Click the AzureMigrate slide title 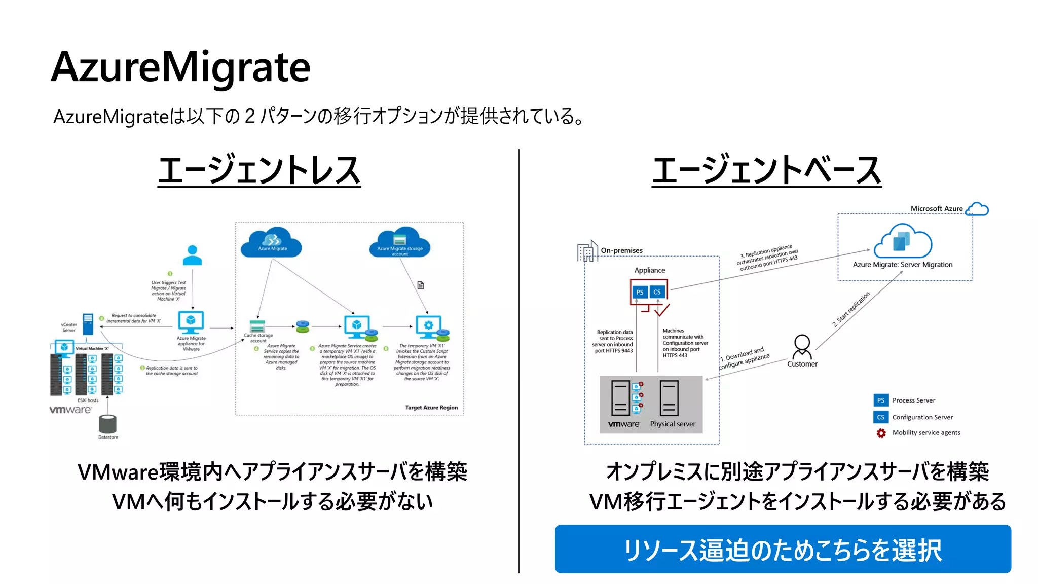tap(180, 67)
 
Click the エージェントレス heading tap(259, 170)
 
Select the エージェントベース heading tap(766, 170)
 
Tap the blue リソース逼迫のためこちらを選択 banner tap(783, 550)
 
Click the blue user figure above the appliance tap(192, 255)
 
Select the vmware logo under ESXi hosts tap(70, 410)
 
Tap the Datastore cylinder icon tap(108, 424)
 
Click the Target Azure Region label tap(431, 408)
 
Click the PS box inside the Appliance tap(640, 292)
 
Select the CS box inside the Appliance tap(657, 292)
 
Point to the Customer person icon tap(802, 346)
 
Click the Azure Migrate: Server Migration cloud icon tap(903, 241)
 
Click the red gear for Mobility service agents tap(881, 433)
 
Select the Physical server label tap(673, 424)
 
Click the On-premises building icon tap(587, 251)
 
